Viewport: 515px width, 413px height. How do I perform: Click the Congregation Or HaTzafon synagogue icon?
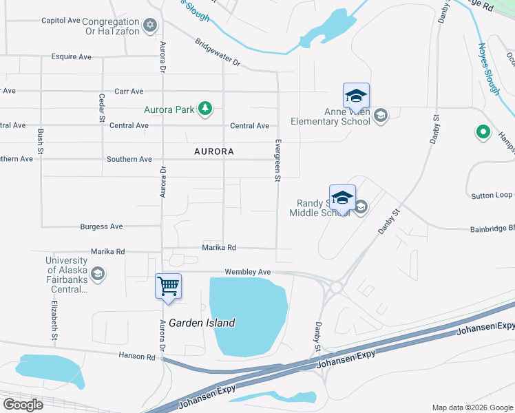[151, 26]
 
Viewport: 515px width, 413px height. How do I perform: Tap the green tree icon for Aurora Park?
[204, 108]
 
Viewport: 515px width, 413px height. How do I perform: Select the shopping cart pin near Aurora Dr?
[169, 286]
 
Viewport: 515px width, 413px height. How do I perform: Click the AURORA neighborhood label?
[213, 151]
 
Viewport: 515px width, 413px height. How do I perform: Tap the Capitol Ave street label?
[61, 21]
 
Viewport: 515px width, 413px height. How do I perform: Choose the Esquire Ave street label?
[71, 56]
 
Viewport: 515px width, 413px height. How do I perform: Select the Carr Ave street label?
[129, 91]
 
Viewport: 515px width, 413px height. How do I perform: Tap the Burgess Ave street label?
[101, 226]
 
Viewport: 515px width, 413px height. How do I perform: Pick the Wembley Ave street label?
[245, 272]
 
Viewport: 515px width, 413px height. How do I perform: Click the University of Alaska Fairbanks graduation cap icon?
[98, 274]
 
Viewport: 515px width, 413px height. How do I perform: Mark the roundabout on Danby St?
[337, 286]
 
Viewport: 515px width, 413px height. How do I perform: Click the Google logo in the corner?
[23, 404]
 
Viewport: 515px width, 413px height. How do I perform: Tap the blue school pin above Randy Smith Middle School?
[342, 198]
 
